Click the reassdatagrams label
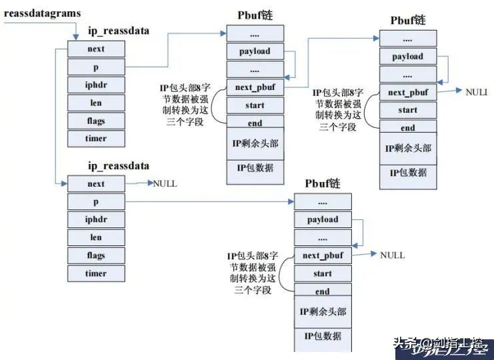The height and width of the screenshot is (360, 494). coord(41,13)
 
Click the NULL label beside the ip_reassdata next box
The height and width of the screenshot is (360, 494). coord(165,183)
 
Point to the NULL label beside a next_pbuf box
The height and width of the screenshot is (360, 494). coord(392,255)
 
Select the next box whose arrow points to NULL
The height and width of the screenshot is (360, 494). coord(96,184)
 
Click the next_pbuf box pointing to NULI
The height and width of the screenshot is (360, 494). coord(408,92)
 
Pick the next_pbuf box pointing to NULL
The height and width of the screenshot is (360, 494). coord(323,255)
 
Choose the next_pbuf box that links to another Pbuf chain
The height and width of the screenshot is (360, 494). coord(255,87)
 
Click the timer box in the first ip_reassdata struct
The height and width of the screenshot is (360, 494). coord(96,139)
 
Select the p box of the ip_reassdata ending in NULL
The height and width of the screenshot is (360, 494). coord(96,201)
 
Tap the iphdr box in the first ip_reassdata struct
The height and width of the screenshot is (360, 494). coord(96,85)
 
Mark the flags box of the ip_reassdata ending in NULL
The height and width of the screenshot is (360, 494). coord(96,255)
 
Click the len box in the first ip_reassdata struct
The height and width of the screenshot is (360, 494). coord(96,103)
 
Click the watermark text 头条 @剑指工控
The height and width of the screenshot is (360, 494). coord(441,345)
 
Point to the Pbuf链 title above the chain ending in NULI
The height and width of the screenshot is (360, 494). coord(407,20)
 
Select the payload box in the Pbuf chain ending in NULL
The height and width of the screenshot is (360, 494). coord(323,219)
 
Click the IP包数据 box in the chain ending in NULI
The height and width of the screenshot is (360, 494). coord(408,173)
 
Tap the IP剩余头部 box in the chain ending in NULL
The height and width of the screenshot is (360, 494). coord(323,312)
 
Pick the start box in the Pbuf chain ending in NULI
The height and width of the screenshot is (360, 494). coord(408,110)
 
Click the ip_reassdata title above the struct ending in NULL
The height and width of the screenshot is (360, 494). coord(119,165)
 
